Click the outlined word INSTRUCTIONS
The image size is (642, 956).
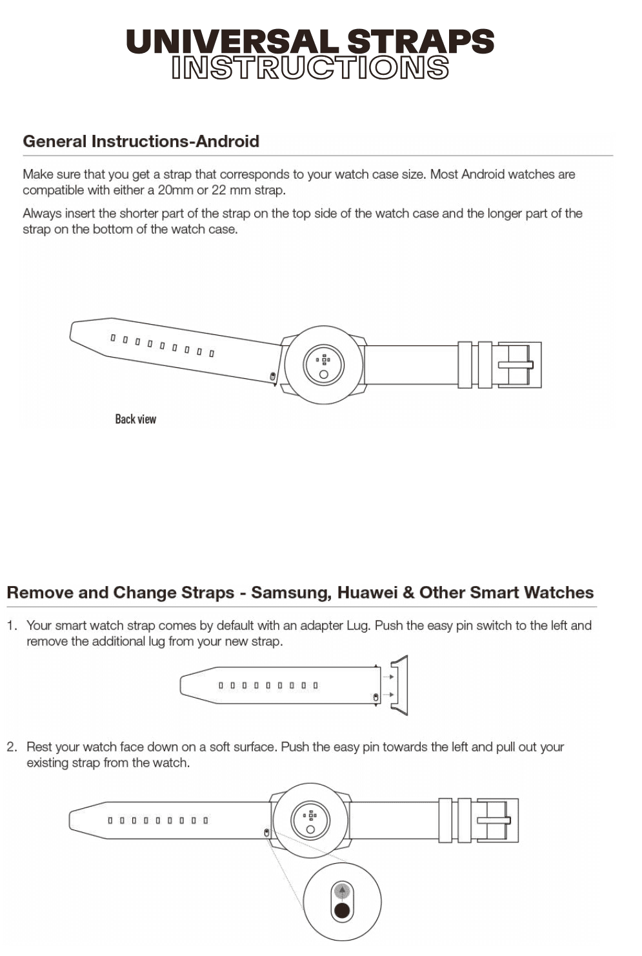point(310,68)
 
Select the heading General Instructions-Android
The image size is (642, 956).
point(141,141)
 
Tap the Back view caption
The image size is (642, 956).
point(135,419)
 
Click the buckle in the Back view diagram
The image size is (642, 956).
point(518,365)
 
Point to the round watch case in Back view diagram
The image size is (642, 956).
point(324,366)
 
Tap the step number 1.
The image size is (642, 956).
point(12,625)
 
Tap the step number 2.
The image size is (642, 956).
point(12,747)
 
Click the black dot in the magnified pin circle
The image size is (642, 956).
point(342,910)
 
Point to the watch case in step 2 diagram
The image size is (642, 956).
point(311,820)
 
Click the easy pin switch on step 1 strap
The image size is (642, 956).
point(376,698)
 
